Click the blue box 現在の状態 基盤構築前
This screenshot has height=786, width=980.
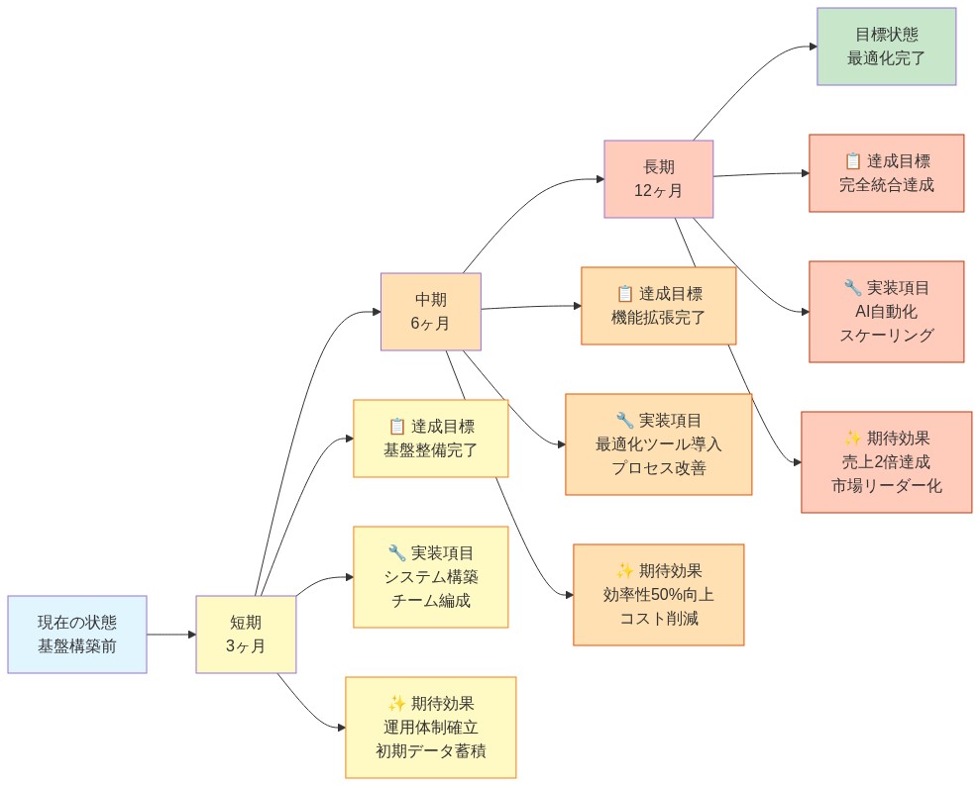point(77,635)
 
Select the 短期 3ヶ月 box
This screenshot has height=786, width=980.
point(246,635)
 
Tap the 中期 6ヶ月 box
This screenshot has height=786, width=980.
point(430,312)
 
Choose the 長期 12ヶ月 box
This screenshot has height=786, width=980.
point(658,179)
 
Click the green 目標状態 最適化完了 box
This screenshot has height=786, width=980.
point(886,47)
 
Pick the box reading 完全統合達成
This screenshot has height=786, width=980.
point(886,173)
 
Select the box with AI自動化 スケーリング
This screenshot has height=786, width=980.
point(886,312)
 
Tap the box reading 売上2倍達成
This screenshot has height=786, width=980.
point(886,462)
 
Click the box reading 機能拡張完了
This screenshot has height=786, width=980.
point(658,306)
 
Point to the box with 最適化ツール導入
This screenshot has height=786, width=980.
point(658,444)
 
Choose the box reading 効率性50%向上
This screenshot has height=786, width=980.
point(658,595)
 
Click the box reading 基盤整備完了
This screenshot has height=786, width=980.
point(430,439)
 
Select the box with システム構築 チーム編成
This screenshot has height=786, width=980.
point(430,577)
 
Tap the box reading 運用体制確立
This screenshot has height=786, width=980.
point(430,728)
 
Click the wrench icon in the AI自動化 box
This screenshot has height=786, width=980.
point(852,288)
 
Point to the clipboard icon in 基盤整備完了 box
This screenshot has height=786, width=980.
point(397,427)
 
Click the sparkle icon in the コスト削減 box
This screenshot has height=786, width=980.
point(625,571)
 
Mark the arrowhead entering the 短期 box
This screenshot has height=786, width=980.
point(191,635)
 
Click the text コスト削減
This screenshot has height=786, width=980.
point(658,619)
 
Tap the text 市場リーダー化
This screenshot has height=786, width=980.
point(886,486)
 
